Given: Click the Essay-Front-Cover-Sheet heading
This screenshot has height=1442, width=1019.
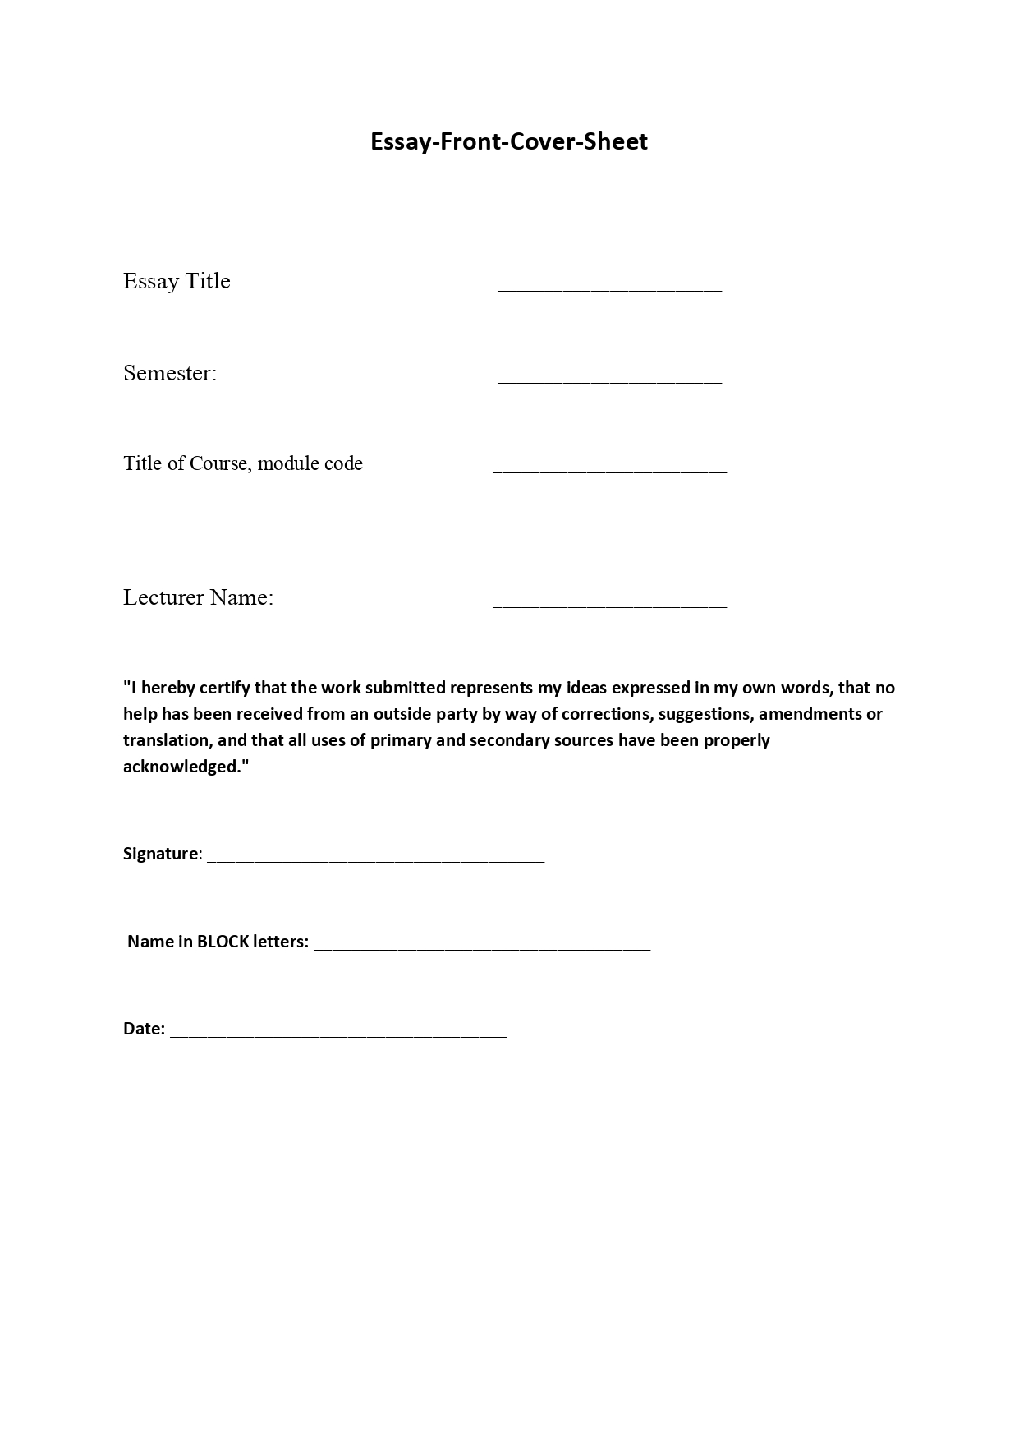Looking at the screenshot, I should point(508,141).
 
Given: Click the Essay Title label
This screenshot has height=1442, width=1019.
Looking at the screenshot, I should point(177,281).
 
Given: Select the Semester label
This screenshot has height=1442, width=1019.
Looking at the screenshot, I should point(170,373).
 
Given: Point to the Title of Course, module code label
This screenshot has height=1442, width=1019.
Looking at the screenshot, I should point(243,463).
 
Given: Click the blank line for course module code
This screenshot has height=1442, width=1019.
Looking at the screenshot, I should point(609,471).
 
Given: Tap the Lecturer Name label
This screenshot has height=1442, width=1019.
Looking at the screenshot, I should point(198,597).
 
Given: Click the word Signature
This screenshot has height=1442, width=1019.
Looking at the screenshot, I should point(161,854).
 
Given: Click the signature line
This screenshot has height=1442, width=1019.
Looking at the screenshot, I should point(375,860).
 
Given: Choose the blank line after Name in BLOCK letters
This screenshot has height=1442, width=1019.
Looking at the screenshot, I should point(482,948).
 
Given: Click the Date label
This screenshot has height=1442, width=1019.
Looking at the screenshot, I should point(144,1029).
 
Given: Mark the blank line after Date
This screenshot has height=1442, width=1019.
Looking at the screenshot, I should point(338,1035).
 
